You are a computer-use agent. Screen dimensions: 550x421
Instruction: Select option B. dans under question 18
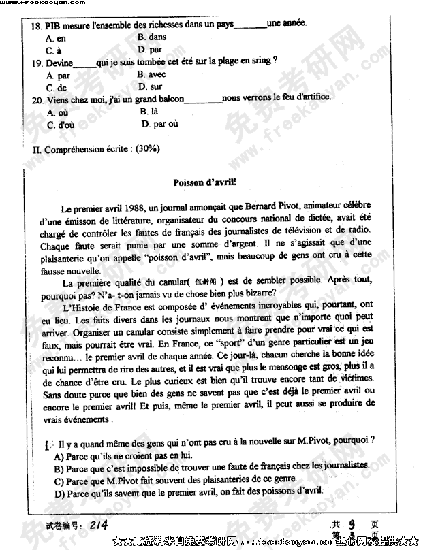pyautogui.click(x=151, y=37)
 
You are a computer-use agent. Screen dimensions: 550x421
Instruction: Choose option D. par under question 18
pyautogui.click(x=150, y=50)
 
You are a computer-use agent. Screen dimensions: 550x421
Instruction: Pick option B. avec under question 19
pyautogui.click(x=151, y=74)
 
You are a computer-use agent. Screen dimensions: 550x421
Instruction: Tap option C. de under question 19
pyautogui.click(x=57, y=88)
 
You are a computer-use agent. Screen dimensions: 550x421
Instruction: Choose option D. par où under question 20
pyautogui.click(x=160, y=124)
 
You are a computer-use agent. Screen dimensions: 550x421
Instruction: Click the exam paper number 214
pyautogui.click(x=99, y=523)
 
